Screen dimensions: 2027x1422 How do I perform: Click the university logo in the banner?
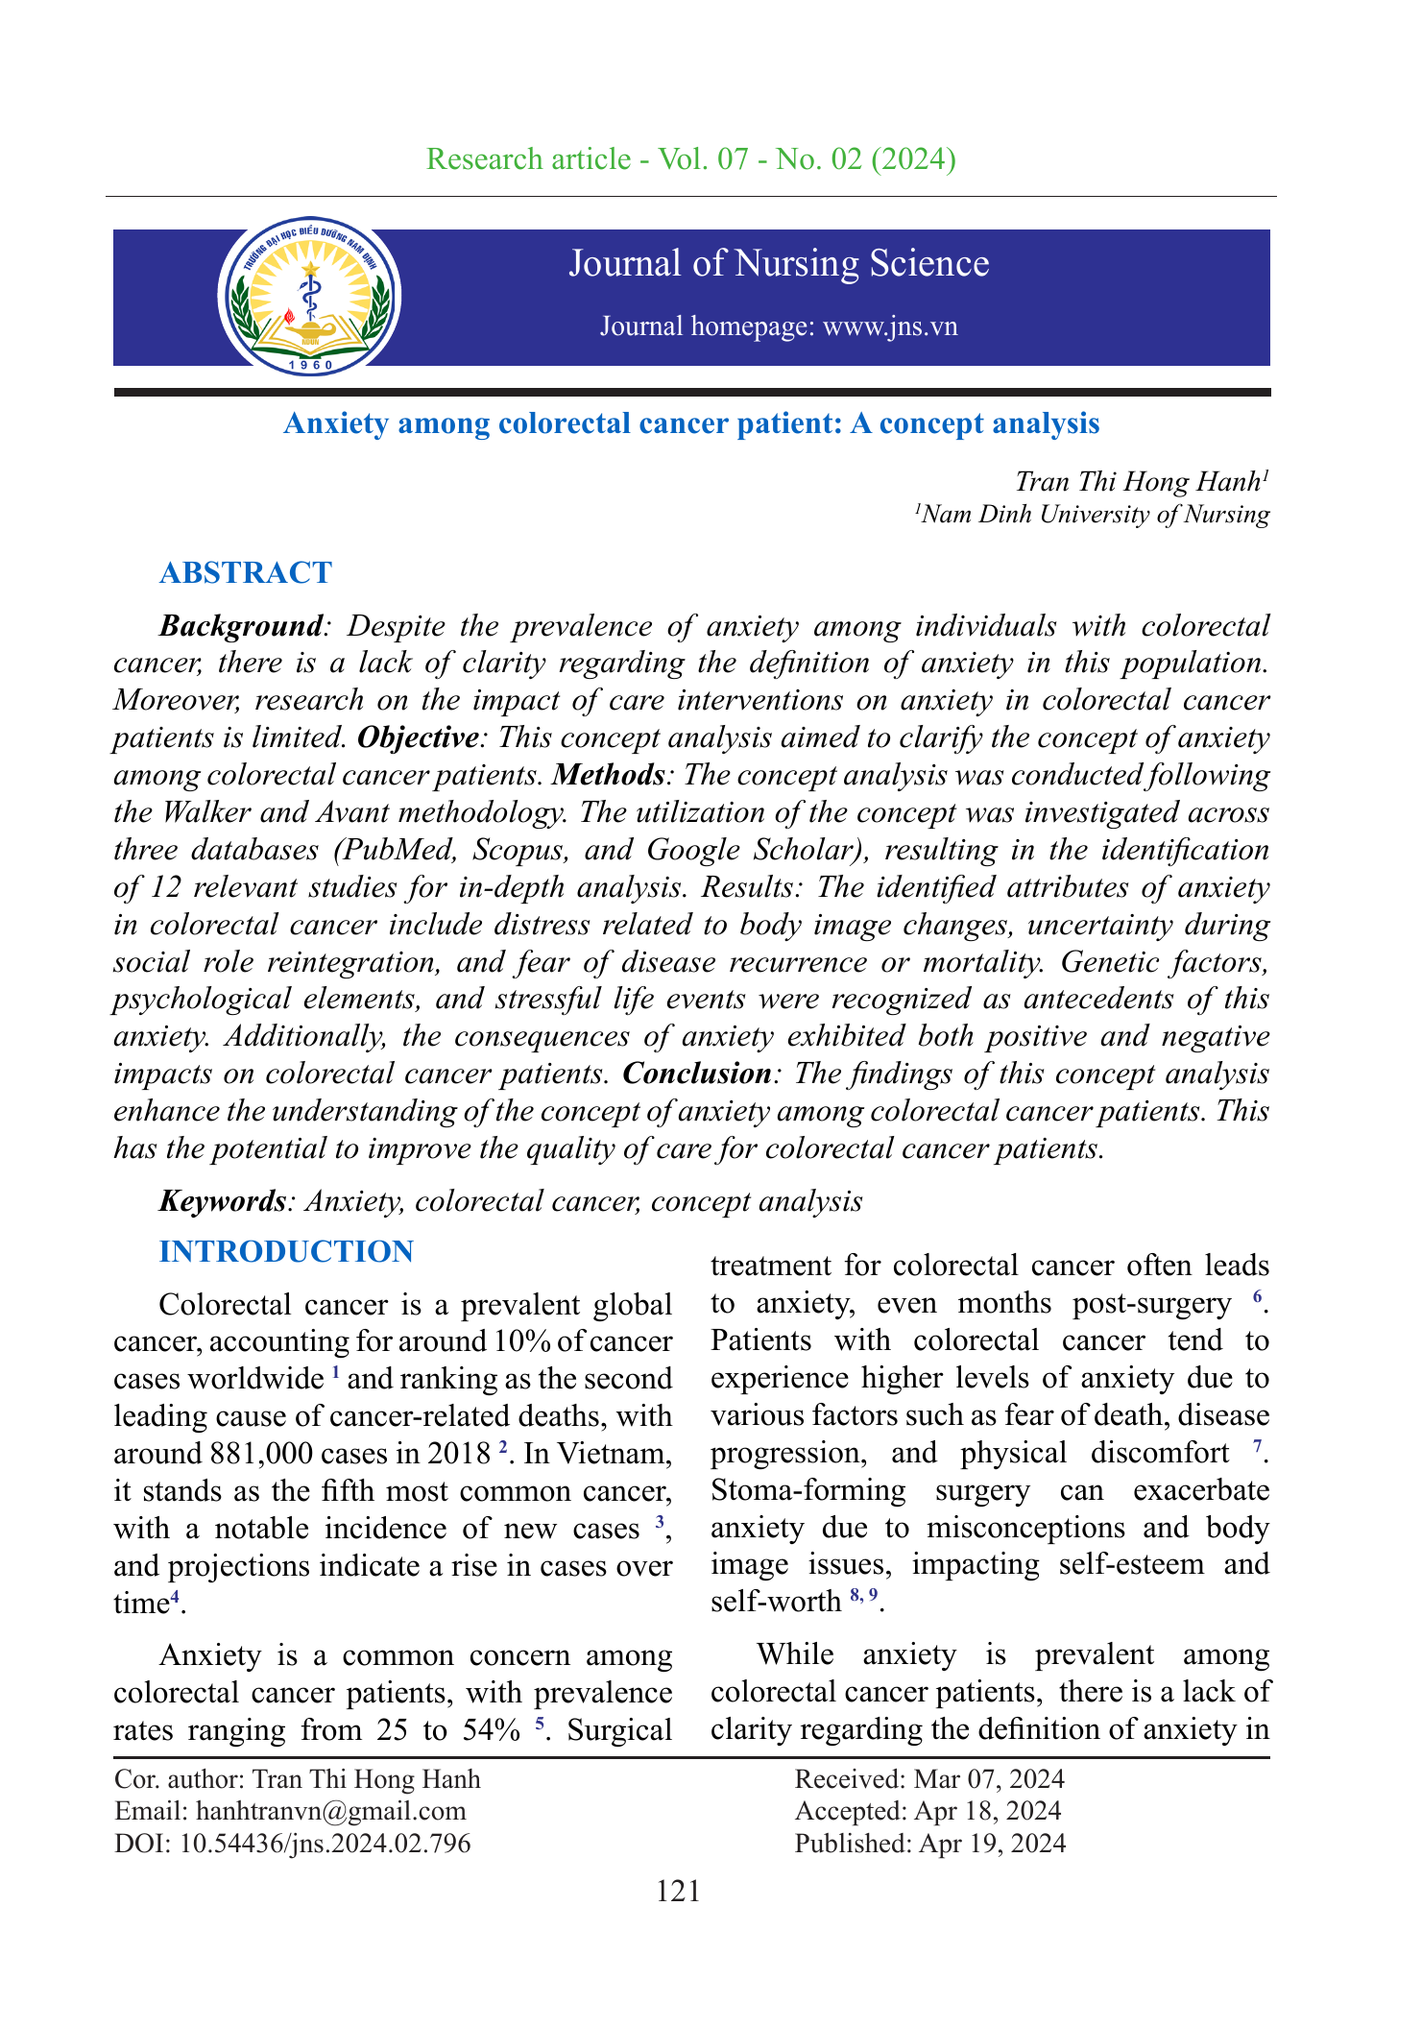(309, 297)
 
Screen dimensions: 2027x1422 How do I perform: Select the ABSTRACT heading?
(246, 572)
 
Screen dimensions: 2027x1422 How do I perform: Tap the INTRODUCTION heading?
(286, 1251)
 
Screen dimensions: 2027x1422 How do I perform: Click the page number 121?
(678, 1891)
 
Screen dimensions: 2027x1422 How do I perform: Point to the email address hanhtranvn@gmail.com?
(330, 1811)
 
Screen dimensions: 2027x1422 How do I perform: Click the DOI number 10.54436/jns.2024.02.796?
(325, 1843)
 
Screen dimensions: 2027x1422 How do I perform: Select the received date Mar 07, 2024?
(989, 1779)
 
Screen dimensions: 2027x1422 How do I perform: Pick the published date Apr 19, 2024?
(992, 1843)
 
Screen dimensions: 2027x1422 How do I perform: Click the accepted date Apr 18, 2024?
(988, 1811)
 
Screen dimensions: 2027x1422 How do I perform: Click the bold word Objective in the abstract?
(417, 737)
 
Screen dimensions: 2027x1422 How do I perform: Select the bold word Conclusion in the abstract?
(696, 1073)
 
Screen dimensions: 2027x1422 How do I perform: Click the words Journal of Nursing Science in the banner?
(779, 264)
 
